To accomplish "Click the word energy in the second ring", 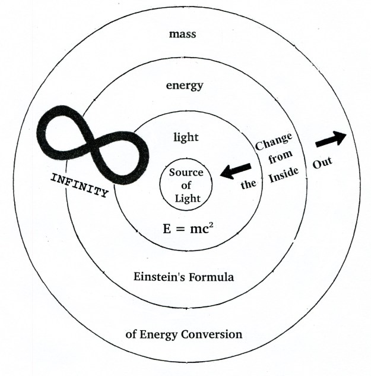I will click(x=184, y=86).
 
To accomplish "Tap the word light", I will click(x=186, y=138).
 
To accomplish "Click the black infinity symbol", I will click(x=89, y=140).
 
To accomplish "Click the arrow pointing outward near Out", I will click(x=331, y=139).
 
